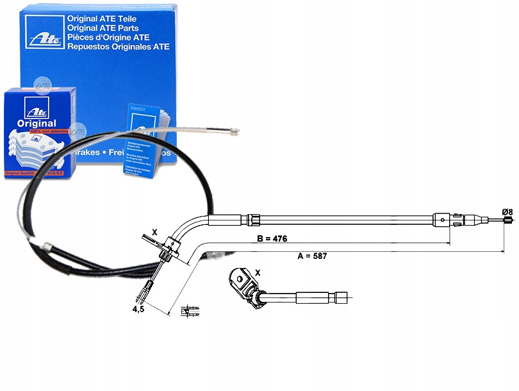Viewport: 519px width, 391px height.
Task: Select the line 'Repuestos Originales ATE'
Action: click(x=118, y=47)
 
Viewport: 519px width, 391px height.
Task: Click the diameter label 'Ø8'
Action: click(x=506, y=212)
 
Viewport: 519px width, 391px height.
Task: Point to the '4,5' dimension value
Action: click(x=138, y=310)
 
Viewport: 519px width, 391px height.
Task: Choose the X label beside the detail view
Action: click(x=258, y=272)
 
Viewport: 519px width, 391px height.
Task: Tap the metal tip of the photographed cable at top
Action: click(x=232, y=133)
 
